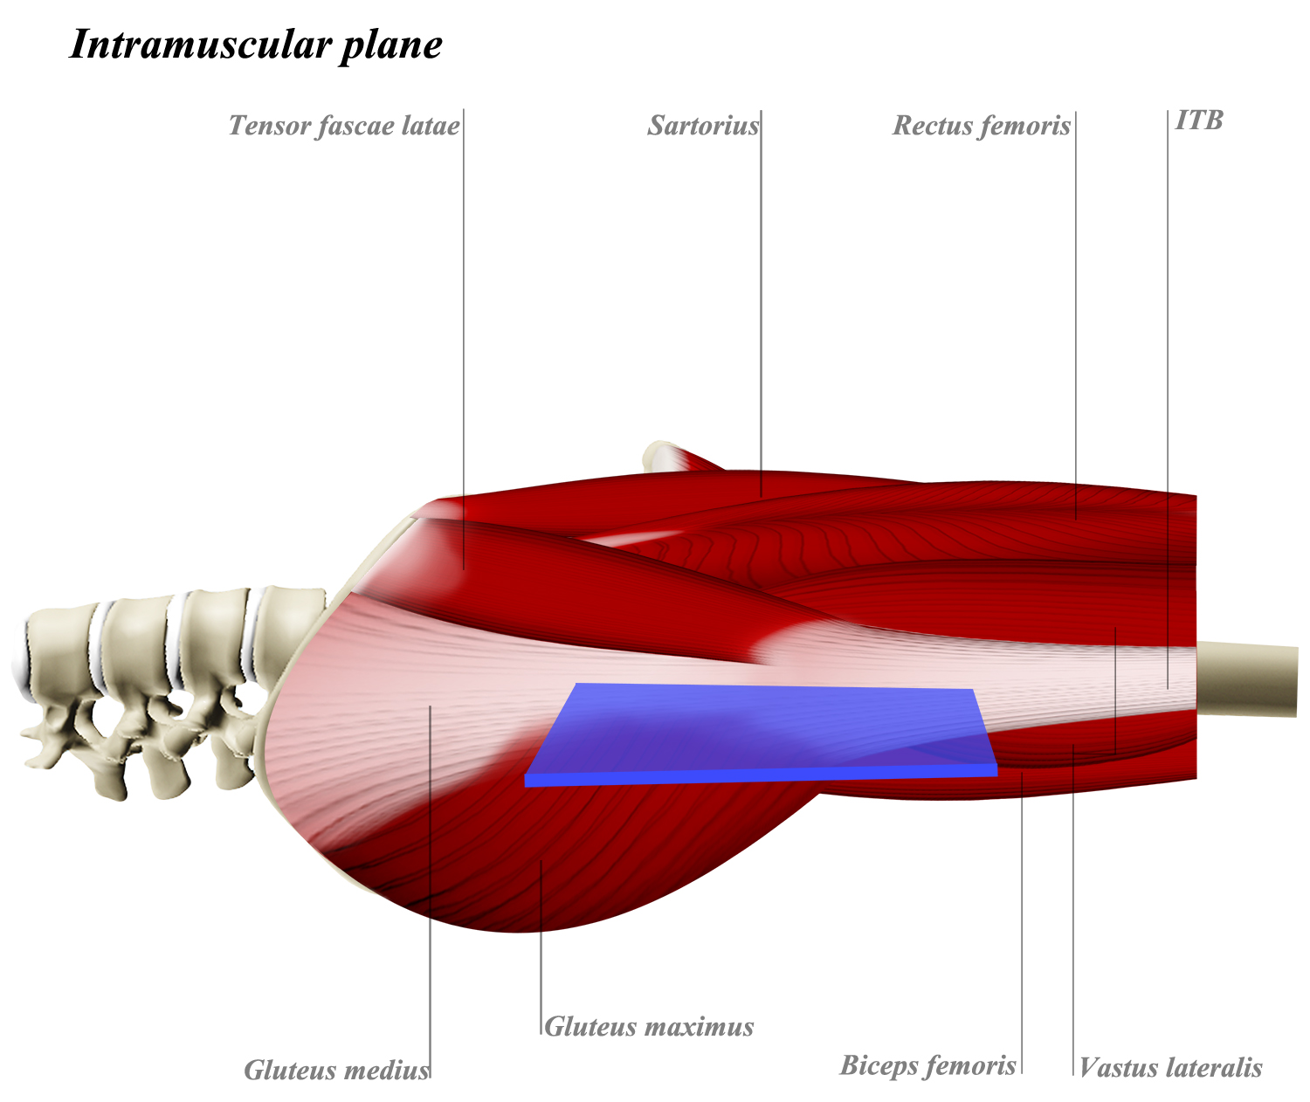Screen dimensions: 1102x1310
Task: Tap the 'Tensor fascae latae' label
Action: [343, 126]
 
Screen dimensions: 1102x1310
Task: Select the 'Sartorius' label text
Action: [703, 126]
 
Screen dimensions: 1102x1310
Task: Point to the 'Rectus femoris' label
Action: [981, 126]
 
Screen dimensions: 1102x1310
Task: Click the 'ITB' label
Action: [1199, 120]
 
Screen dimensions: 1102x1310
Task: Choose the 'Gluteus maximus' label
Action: [648, 1026]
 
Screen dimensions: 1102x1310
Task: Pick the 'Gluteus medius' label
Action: [336, 1070]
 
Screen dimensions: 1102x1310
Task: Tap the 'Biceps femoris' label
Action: [927, 1065]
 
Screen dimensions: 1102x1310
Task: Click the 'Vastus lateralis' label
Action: [1170, 1067]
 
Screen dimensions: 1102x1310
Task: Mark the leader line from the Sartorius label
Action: [761, 306]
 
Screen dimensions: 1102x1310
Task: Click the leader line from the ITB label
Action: [1168, 393]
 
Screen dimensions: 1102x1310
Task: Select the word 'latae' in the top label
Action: [430, 126]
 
